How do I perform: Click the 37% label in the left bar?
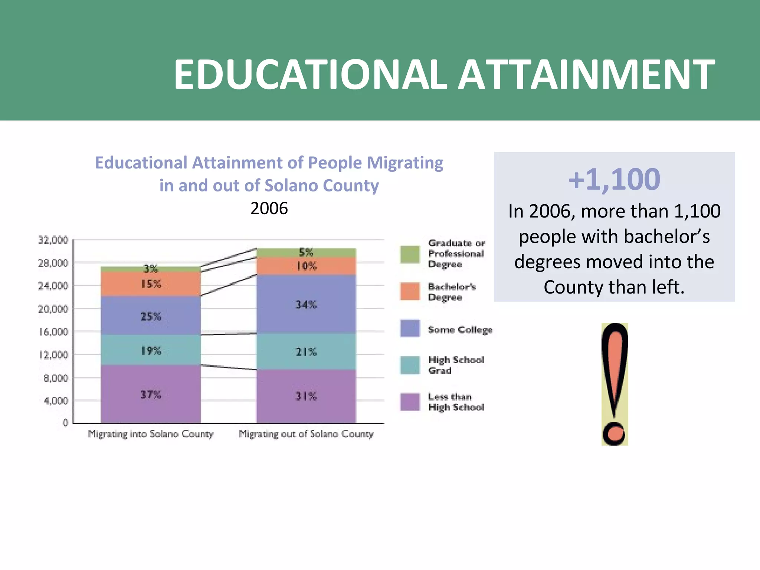click(151, 394)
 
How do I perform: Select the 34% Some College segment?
click(306, 304)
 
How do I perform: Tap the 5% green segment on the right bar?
click(306, 253)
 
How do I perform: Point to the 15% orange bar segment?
click(151, 284)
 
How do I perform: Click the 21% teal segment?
click(306, 351)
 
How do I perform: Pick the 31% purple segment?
click(306, 396)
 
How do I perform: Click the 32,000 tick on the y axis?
click(53, 240)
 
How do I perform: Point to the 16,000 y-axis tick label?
click(53, 332)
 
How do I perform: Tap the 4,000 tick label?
click(56, 401)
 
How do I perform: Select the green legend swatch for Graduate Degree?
click(410, 254)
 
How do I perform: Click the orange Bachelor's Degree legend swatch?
click(410, 291)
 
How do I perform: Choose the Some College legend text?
click(460, 330)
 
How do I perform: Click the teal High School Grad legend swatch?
click(410, 365)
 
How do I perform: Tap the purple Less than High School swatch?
click(410, 402)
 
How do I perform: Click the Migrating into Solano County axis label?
click(151, 434)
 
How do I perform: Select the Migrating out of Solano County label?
click(306, 434)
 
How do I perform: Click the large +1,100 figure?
click(614, 180)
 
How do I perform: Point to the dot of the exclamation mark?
click(614, 433)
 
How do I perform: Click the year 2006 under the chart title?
click(269, 208)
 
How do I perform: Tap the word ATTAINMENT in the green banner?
click(586, 75)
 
